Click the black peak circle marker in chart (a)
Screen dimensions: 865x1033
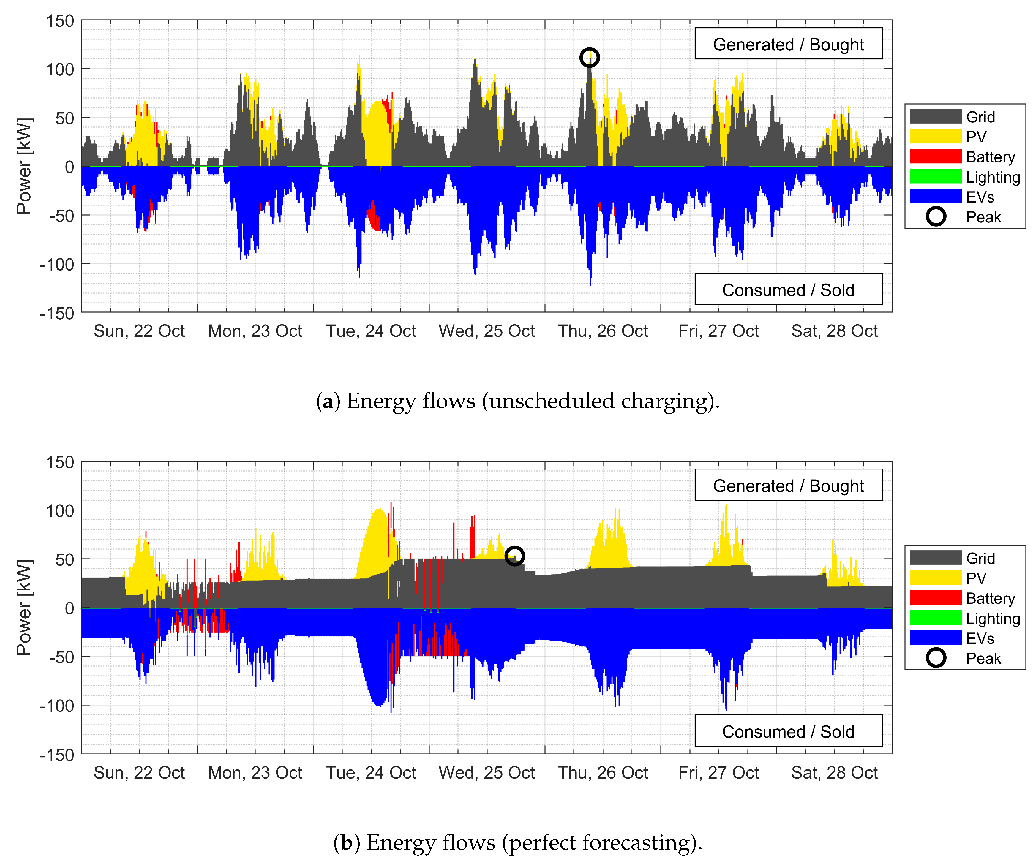589,58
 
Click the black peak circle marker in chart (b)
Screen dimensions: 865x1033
514,556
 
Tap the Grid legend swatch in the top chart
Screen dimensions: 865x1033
935,116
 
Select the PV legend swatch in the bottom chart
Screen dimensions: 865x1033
935,578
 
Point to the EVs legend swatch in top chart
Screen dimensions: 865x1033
935,197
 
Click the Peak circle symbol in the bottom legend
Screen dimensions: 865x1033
936,658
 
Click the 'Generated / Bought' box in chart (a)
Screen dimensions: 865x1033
788,44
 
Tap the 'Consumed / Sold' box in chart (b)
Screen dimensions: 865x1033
788,731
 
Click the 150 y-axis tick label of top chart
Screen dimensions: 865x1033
60,21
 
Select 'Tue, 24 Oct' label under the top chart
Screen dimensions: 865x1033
371,331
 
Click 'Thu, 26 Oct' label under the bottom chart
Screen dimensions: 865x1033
603,773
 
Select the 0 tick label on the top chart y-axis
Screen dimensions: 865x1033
70,167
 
